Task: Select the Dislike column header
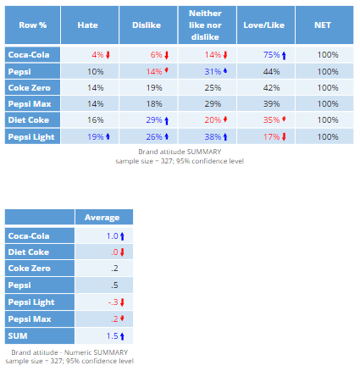coord(141,25)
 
